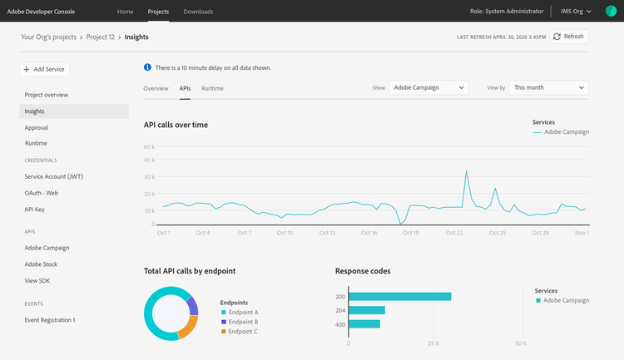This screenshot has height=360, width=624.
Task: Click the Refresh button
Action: tap(569, 37)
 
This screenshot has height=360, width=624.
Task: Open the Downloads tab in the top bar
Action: tap(198, 12)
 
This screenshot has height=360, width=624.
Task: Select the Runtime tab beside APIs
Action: tap(212, 88)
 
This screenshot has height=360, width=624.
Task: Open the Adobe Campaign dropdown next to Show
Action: tap(428, 87)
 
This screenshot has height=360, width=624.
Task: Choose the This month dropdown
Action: tap(549, 87)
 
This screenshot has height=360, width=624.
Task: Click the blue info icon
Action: tap(147, 67)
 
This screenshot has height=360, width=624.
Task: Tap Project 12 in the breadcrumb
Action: tap(101, 37)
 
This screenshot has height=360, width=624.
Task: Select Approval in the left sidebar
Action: tap(37, 128)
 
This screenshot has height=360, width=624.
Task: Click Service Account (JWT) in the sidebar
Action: tap(54, 176)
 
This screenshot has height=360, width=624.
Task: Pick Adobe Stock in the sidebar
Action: tap(41, 264)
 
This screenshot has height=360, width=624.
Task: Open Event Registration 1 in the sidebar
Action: tap(50, 320)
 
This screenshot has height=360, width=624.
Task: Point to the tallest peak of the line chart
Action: tap(466, 171)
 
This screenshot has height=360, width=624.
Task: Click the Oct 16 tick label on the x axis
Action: tap(369, 233)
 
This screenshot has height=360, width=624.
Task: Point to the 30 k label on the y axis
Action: tap(149, 177)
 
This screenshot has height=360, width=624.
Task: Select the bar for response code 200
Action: tap(400, 297)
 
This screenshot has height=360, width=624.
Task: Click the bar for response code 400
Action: tap(364, 323)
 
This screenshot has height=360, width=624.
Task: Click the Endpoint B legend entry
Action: tap(240, 322)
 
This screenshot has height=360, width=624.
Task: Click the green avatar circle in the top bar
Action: tap(611, 11)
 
